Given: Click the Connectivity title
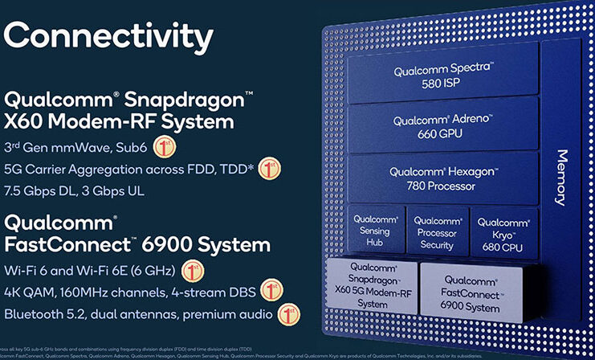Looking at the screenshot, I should (x=109, y=36).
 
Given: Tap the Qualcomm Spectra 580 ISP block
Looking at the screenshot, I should (x=442, y=77).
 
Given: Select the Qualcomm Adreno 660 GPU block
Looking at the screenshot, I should (x=442, y=127).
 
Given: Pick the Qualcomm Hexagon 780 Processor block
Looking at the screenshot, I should (x=442, y=178).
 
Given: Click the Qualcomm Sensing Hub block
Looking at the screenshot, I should (x=373, y=231).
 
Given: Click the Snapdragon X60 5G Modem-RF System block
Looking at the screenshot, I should (x=372, y=284).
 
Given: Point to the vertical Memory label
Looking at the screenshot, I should (x=562, y=176).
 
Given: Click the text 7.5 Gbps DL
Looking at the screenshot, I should (x=47, y=191).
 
